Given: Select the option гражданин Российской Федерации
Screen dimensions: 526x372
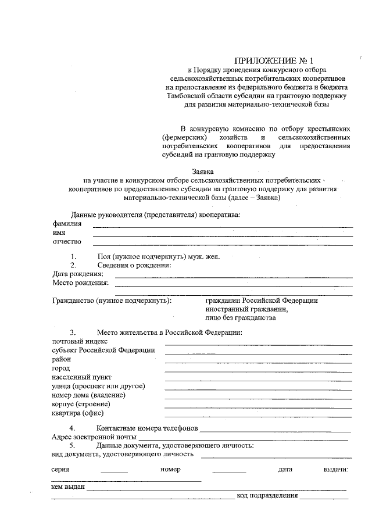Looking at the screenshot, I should pyautogui.click(x=262, y=300).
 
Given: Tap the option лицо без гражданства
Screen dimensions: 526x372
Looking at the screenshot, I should pyautogui.click(x=240, y=318).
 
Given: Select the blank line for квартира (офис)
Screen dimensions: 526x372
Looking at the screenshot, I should pyautogui.click(x=259, y=416).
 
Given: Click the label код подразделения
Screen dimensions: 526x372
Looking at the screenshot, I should pyautogui.click(x=267, y=496).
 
